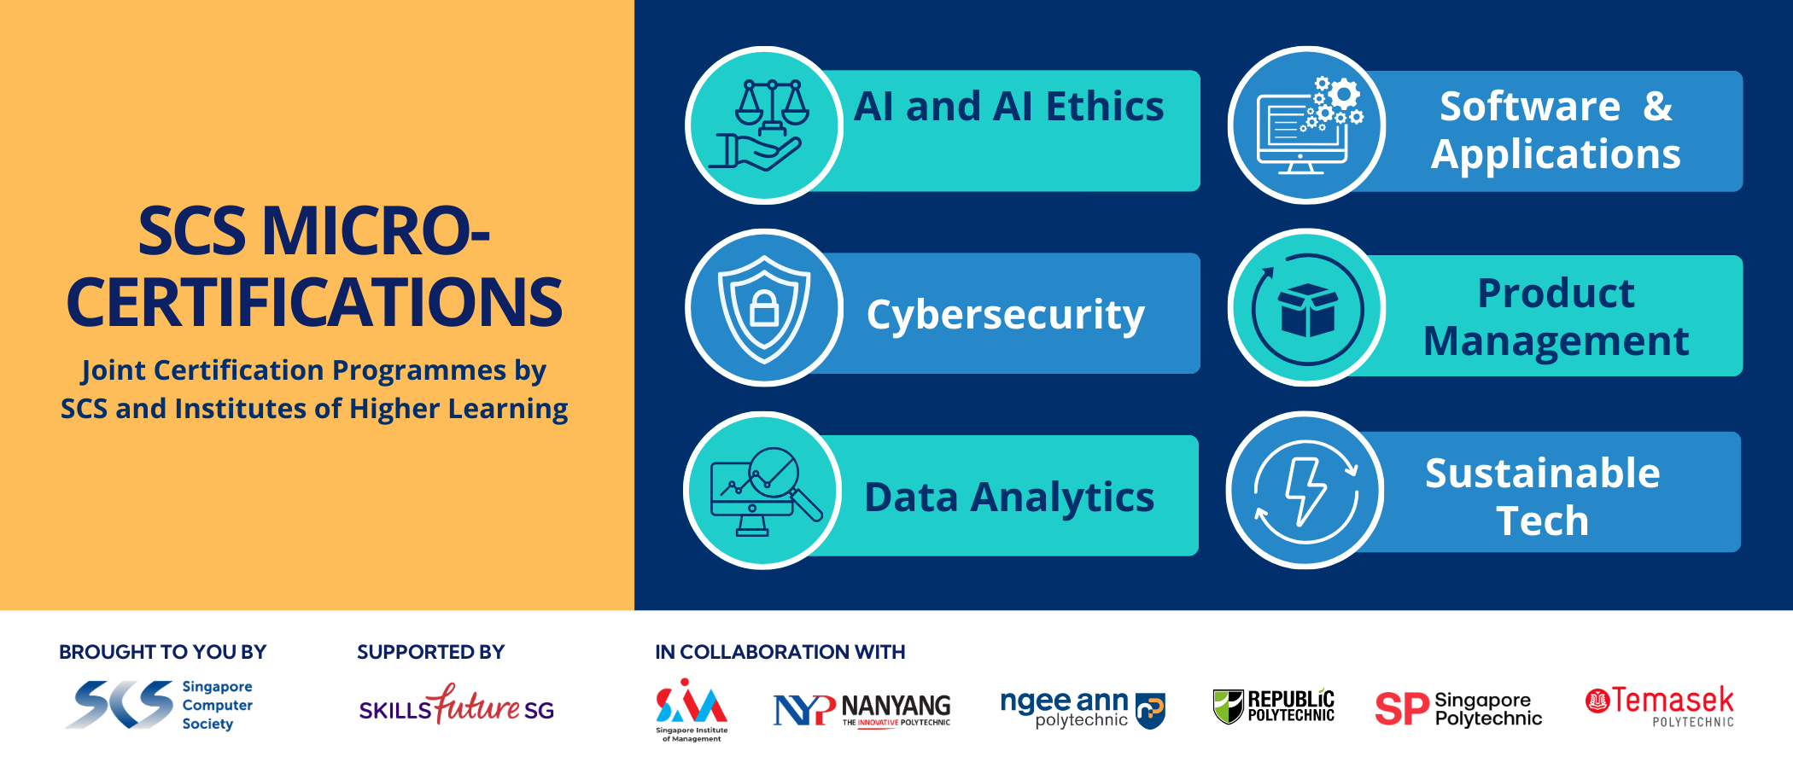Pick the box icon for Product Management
[1307, 309]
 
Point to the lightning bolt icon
[1306, 492]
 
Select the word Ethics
[1105, 108]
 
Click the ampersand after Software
[1657, 107]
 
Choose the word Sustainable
[1542, 473]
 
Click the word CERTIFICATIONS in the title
[314, 303]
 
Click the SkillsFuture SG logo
[457, 705]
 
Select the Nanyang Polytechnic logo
[861, 710]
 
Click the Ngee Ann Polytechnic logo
[1083, 709]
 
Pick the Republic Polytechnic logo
[1273, 707]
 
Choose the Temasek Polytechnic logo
[1660, 707]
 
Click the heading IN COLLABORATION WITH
[780, 652]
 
